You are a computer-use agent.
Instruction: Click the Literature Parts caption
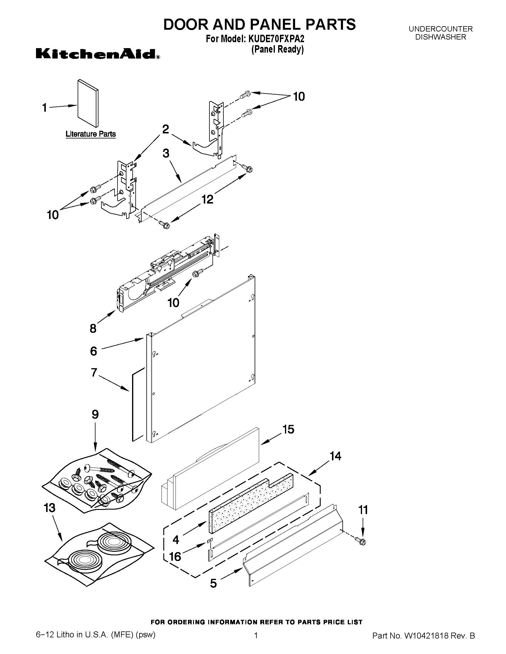coord(90,134)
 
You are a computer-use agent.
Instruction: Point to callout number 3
coord(166,154)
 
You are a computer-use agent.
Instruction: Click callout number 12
coord(207,199)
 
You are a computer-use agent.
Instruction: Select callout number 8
coord(93,329)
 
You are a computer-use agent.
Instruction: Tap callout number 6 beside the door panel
coord(93,351)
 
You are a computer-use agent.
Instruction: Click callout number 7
coord(94,373)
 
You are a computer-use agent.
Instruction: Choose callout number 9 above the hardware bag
coord(95,415)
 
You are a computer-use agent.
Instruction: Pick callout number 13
coord(49,508)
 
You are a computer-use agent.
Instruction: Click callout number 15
coord(288,429)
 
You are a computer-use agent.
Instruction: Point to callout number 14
coord(335,456)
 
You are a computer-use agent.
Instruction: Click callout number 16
coord(175,556)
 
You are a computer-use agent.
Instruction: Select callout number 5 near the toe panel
coord(213,583)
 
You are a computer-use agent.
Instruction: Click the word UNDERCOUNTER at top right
coord(440,29)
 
